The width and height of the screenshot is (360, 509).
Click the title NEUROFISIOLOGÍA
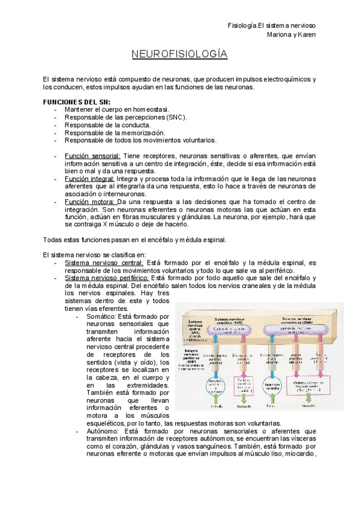(x=179, y=55)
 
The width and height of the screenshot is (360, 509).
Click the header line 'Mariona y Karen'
(x=290, y=34)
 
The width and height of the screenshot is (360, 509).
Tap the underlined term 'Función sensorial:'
(x=92, y=156)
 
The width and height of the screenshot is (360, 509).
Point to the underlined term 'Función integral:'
(x=90, y=179)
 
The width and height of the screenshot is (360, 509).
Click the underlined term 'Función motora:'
(x=89, y=202)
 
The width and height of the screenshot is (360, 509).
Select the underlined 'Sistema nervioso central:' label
(x=104, y=263)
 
